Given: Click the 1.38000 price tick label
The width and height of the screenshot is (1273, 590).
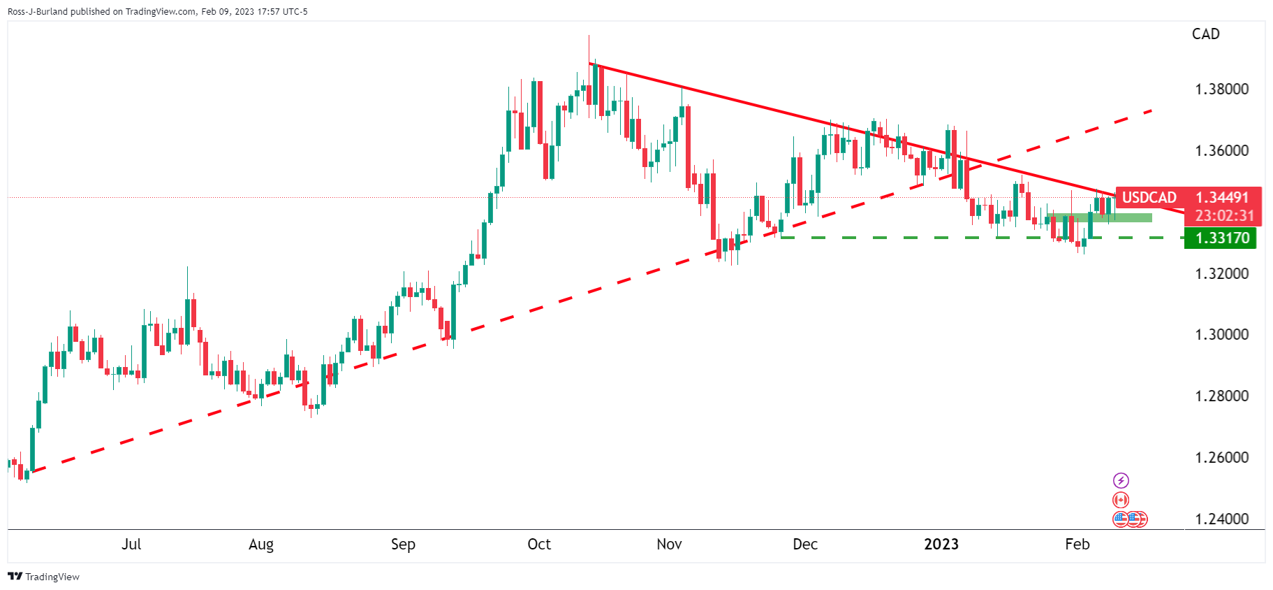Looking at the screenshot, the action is coord(1222,89).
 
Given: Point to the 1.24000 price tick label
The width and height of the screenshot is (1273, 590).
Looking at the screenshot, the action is coord(1222,519).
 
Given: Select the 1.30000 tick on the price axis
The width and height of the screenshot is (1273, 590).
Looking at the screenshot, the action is coord(1222,335).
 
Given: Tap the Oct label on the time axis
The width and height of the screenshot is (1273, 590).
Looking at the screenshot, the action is coord(539,545).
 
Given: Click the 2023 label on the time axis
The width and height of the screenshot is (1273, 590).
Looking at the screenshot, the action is coord(941,545).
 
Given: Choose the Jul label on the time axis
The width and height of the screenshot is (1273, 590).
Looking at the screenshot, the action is coord(131,545).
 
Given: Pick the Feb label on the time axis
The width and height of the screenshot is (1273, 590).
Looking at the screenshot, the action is coord(1077,545).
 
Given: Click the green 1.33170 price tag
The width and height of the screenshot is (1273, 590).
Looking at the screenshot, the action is coord(1221,238).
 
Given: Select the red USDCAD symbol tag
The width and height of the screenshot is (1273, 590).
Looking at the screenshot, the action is coord(1149,198).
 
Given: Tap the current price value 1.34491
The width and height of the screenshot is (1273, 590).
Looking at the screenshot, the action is coord(1222,198).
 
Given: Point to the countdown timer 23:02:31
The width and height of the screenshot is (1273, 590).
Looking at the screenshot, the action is coord(1225,216).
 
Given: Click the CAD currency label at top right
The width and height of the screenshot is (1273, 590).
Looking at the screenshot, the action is coord(1206,34).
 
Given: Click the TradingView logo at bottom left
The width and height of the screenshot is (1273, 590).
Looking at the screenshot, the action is coord(43,577).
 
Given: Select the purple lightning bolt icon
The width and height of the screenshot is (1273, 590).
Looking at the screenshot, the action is coord(1121,480).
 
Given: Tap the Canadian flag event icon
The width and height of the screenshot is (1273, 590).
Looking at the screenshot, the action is coord(1121,500).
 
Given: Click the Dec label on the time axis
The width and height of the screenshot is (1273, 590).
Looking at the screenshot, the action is coord(805,545).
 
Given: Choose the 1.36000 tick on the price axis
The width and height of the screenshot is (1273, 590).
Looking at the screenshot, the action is coord(1222,151).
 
